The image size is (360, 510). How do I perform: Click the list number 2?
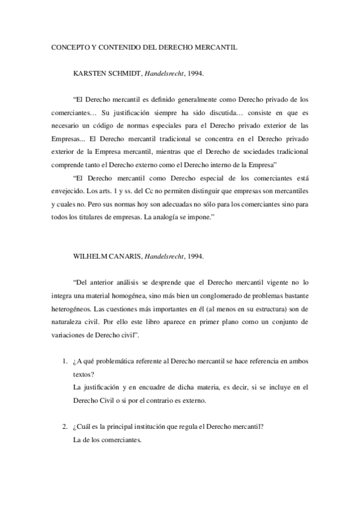[x=64, y=427]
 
